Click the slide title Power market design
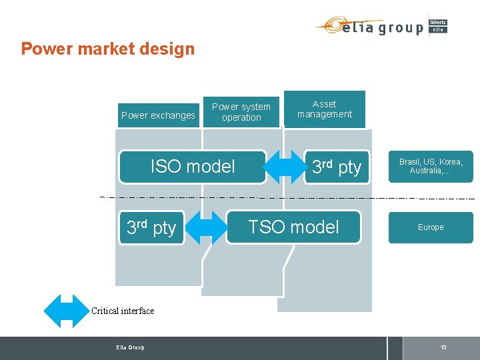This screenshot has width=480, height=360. tap(107, 49)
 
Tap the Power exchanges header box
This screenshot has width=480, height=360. tap(158, 115)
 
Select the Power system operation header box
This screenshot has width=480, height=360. tap(241, 112)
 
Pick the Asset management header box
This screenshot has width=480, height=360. tap(325, 109)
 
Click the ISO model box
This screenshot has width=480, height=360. tap(193, 166)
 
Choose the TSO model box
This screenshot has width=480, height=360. tap(293, 227)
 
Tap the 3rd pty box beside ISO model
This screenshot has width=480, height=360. tap(337, 167)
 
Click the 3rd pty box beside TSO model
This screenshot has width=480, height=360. tap(151, 227)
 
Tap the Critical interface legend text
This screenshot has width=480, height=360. tap(123, 311)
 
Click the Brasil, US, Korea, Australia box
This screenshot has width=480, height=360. tap(431, 166)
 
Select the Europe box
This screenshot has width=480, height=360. tap(431, 227)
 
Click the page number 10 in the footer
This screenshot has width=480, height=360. tap(443, 347)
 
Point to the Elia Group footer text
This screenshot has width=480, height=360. tap(129, 347)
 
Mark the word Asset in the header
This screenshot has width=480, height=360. tap(325, 104)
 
